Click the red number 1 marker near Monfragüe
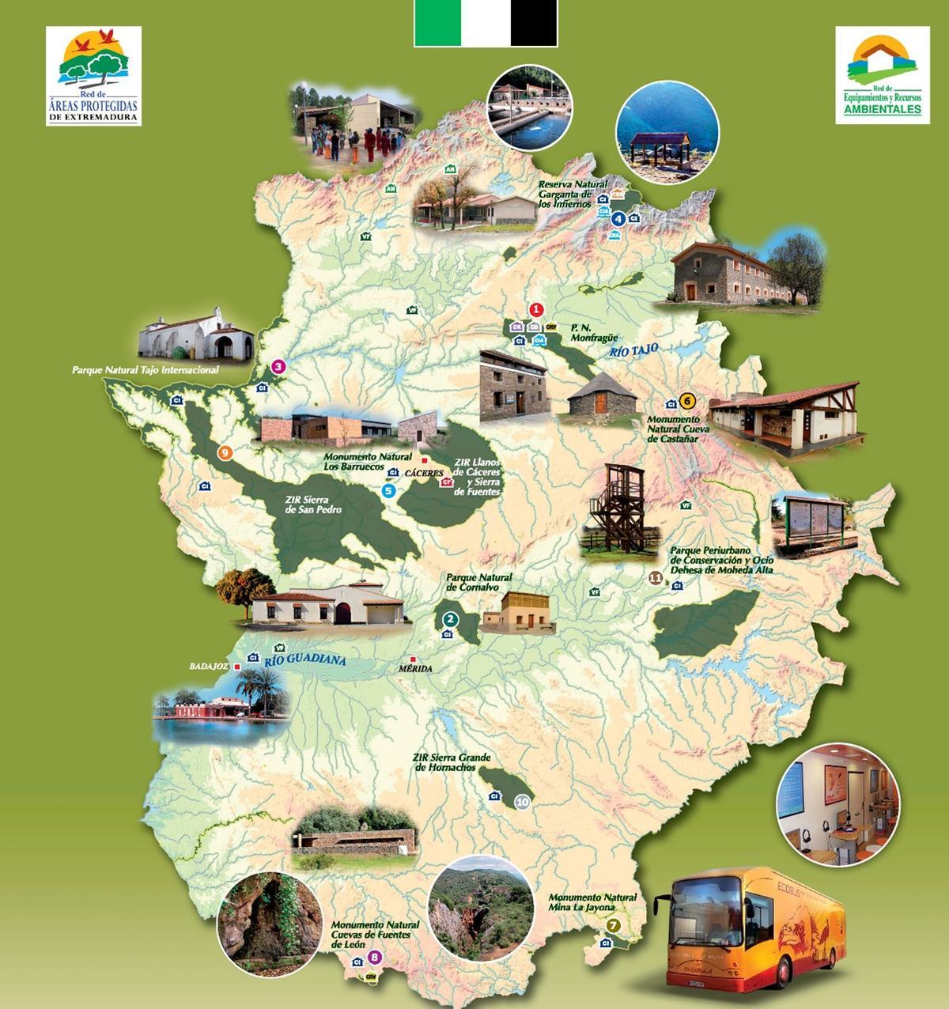(x=537, y=309)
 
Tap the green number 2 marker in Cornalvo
(x=450, y=620)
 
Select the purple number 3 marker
(x=278, y=367)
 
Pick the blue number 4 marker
(x=619, y=218)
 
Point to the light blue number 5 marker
(x=388, y=490)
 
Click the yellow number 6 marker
(x=686, y=400)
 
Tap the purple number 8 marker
(x=375, y=958)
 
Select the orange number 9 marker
(x=225, y=452)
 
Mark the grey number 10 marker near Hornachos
(x=522, y=802)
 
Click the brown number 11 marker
(x=654, y=578)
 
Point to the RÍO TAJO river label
(x=634, y=350)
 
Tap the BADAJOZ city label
(x=209, y=667)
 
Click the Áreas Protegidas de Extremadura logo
(x=93, y=76)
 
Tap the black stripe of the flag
(x=534, y=23)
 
